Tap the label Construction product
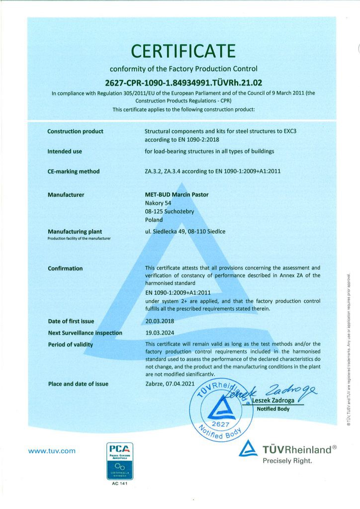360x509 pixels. (x=75, y=131)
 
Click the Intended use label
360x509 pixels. (x=65, y=151)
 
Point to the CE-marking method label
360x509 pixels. (x=74, y=171)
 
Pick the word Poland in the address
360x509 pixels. (x=154, y=220)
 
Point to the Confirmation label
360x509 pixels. (x=65, y=268)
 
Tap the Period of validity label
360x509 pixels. (x=70, y=344)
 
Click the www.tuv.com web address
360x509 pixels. (x=52, y=451)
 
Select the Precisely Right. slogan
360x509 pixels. (x=288, y=461)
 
